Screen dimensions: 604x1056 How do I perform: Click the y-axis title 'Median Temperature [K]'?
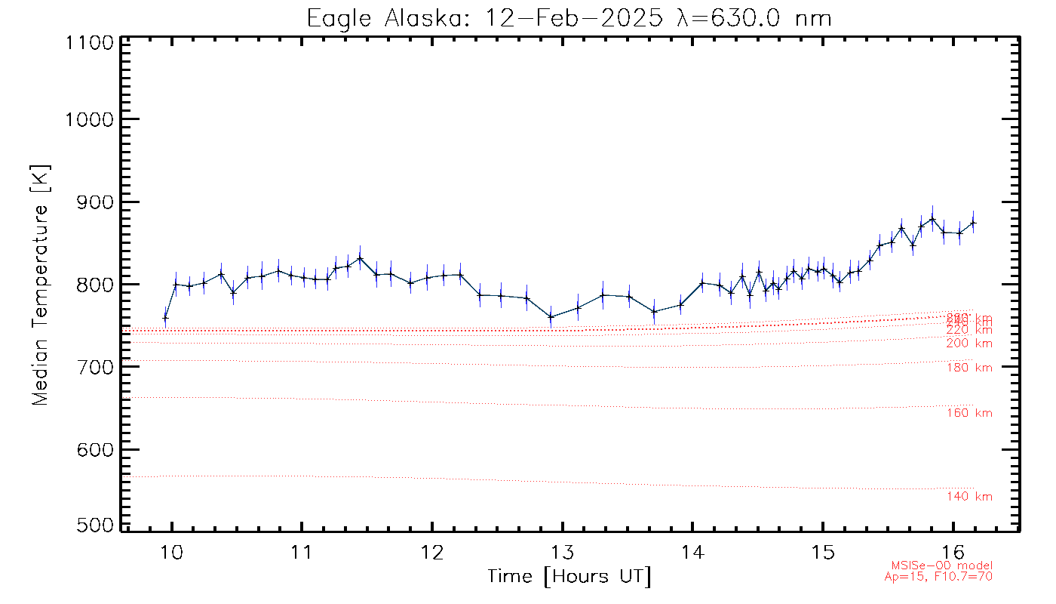click(x=40, y=285)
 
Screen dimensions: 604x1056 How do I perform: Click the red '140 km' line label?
click(x=969, y=497)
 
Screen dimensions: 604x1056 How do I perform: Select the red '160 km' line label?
click(x=969, y=413)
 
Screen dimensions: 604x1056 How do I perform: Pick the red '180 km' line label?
click(x=969, y=368)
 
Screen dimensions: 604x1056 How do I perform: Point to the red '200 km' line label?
click(x=969, y=344)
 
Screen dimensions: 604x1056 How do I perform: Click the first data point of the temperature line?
click(x=165, y=318)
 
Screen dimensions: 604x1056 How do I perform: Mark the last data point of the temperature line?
click(x=973, y=223)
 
